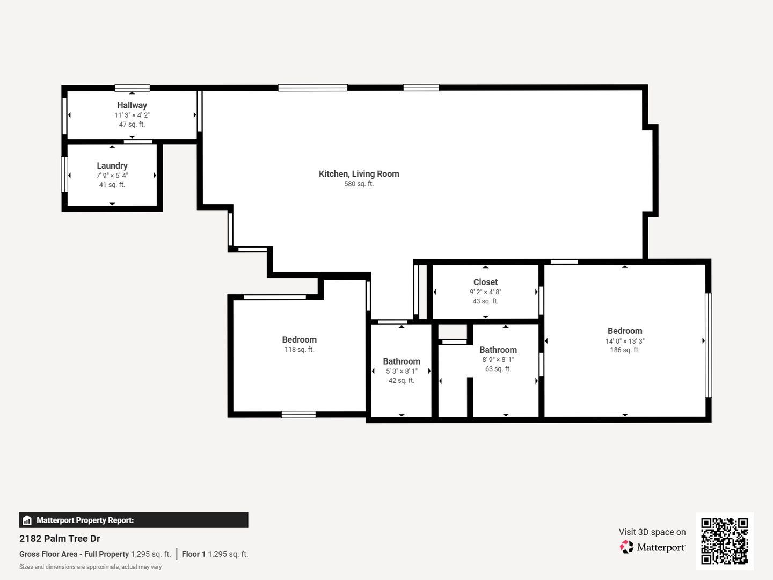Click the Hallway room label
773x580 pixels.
pos(132,105)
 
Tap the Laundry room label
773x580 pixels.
pos(112,165)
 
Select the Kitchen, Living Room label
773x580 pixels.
pos(359,174)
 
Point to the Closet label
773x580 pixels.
pos(485,282)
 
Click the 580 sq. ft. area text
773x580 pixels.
pos(359,184)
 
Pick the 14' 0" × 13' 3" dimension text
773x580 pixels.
pos(625,341)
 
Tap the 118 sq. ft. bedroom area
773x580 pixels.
pos(299,349)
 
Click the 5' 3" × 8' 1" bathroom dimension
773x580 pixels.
pos(402,371)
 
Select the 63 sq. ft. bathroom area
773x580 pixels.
pos(498,369)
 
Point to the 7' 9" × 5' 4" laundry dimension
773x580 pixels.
pos(112,176)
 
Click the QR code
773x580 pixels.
pos(724,541)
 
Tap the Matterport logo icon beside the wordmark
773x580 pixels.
pos(626,547)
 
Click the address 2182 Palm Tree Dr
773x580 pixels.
pos(60,539)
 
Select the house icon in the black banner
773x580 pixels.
pos(27,520)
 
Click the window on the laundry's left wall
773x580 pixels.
pos(64,175)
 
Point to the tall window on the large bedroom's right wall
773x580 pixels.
pos(708,345)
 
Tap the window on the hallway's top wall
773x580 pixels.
pos(133,88)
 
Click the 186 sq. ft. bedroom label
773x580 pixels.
pos(625,350)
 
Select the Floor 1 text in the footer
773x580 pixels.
pos(193,554)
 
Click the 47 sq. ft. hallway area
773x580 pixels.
pos(132,124)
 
